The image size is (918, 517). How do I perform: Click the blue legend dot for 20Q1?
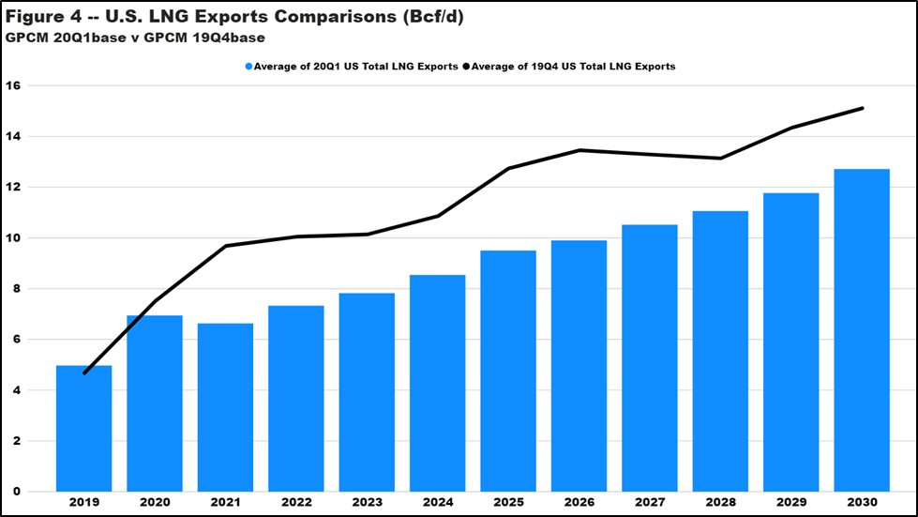248,67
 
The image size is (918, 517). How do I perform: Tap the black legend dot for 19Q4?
466,67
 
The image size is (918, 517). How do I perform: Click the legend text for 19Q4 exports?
574,67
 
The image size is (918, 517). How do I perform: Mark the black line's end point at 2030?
862,108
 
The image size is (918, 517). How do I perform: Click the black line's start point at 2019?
84,373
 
